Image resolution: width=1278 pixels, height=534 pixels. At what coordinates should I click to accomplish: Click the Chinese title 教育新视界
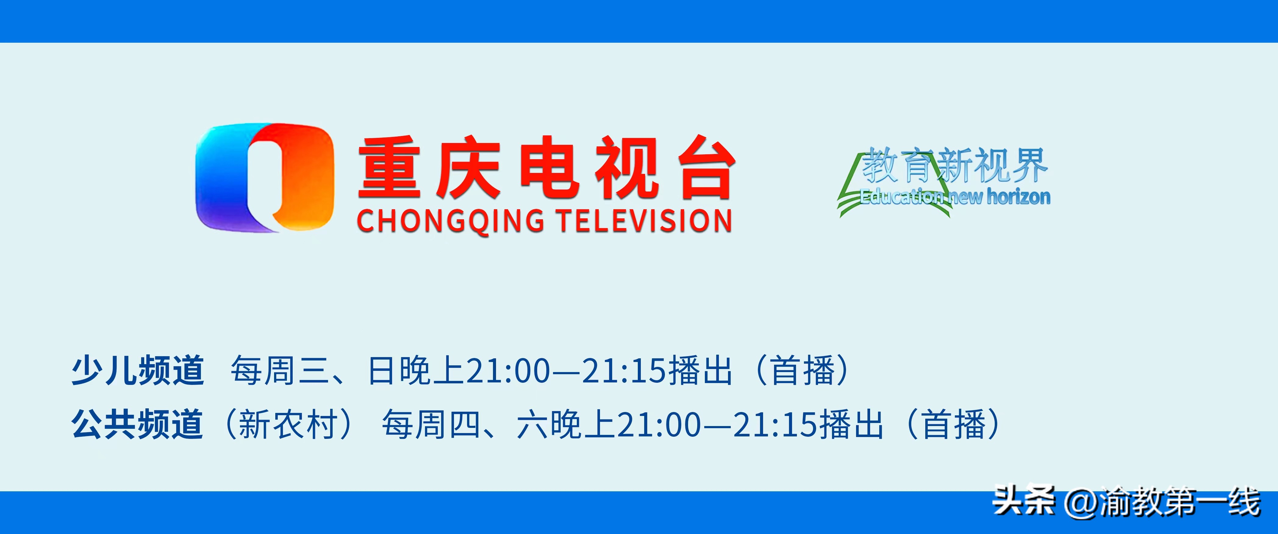954,165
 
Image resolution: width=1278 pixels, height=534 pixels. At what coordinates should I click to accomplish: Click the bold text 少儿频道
137,371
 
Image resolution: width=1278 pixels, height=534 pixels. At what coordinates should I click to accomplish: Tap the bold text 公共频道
137,424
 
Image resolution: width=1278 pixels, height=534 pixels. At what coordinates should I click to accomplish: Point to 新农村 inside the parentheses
288,424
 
